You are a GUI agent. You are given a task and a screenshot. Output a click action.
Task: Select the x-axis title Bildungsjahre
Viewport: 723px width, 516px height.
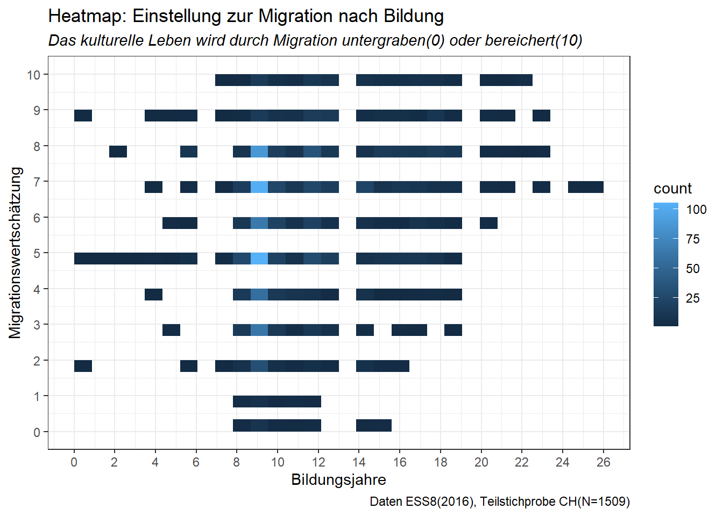(x=338, y=479)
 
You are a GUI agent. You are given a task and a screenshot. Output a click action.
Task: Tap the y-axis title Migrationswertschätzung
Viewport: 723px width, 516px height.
(x=16, y=253)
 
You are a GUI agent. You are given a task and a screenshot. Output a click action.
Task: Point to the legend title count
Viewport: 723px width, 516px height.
(x=672, y=189)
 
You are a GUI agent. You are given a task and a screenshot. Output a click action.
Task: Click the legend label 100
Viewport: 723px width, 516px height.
(x=696, y=210)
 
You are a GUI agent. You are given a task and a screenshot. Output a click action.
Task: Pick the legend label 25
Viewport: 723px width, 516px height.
(x=693, y=298)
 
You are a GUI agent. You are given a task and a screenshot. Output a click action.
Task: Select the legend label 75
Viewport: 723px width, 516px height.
(x=693, y=239)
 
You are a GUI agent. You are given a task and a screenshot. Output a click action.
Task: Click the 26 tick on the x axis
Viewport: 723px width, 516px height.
(x=603, y=462)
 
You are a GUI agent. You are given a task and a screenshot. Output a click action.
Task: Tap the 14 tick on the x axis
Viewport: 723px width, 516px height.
(x=359, y=462)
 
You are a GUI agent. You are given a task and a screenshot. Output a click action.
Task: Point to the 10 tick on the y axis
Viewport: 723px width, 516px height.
(x=33, y=75)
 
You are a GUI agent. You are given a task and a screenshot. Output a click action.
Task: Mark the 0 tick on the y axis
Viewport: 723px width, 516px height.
(x=37, y=432)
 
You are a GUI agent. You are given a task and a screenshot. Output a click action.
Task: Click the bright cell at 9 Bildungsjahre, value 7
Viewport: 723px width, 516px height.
(x=259, y=187)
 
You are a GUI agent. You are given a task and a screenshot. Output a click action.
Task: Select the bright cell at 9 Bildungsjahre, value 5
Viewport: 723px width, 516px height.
(x=259, y=259)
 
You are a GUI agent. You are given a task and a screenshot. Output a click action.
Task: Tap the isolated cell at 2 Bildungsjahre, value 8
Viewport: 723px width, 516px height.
(x=118, y=152)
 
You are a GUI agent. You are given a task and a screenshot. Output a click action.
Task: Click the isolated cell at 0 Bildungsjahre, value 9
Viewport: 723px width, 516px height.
(x=83, y=116)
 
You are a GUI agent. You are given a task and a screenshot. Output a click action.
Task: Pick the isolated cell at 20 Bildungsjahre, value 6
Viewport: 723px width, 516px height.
(x=488, y=223)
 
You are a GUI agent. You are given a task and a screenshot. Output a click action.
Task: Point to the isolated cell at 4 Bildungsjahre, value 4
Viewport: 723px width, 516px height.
(x=153, y=295)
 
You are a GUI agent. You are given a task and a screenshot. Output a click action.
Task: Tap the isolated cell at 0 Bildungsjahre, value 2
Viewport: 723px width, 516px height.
(x=83, y=366)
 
